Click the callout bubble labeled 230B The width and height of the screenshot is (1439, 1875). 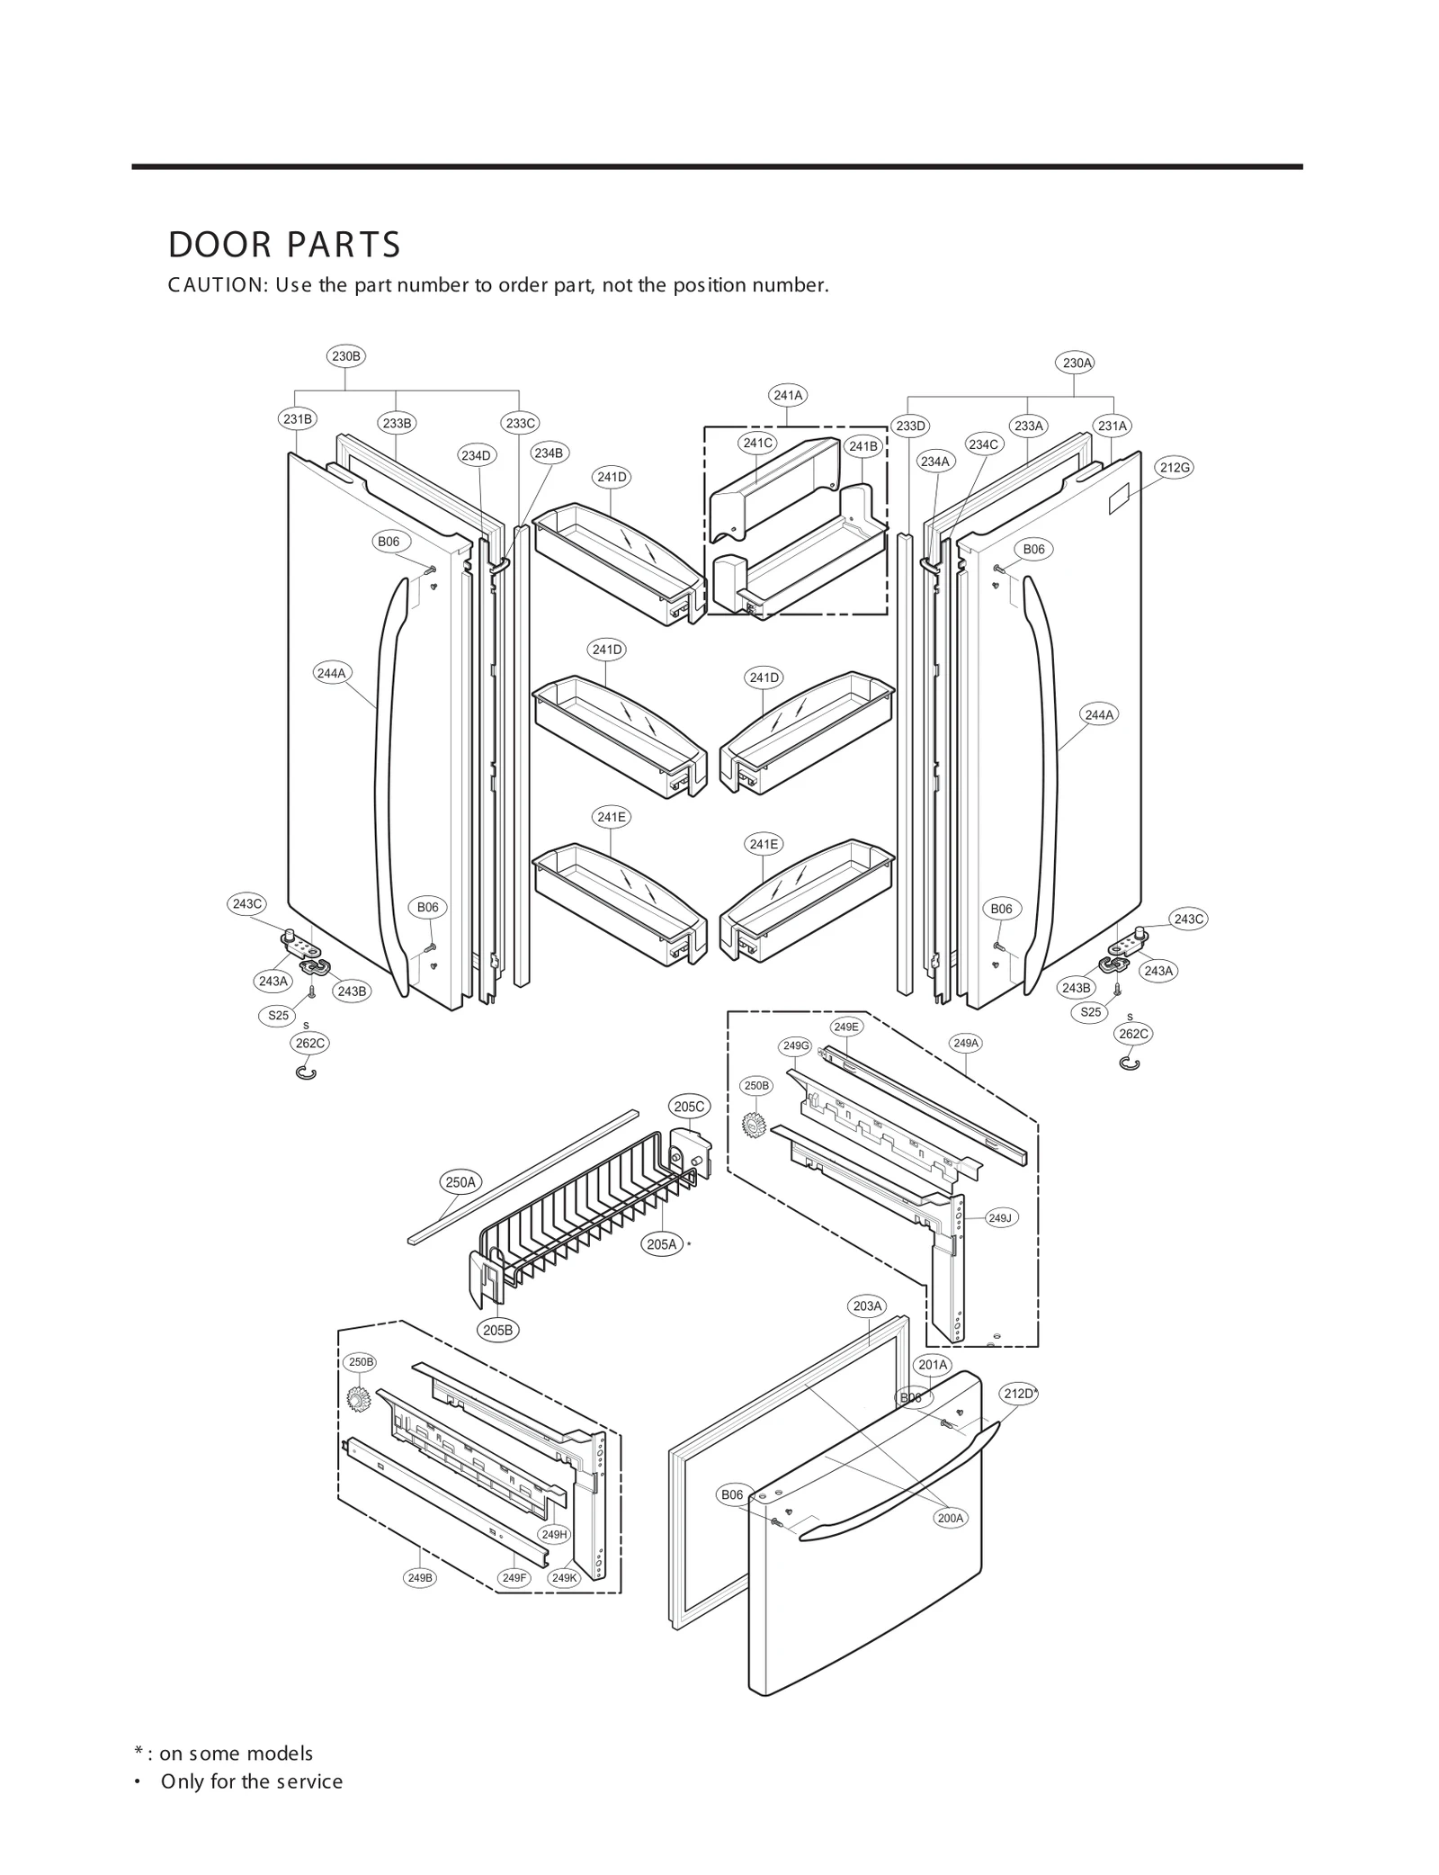[x=346, y=356]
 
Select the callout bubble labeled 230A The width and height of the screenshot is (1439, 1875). [x=1077, y=363]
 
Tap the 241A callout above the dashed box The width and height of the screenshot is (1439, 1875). [x=788, y=395]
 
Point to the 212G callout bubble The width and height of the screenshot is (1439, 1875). [x=1175, y=468]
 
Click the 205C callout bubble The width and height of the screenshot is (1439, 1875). [x=689, y=1107]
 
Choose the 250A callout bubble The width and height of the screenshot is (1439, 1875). [x=460, y=1182]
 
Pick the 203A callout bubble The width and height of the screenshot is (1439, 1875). [x=868, y=1305]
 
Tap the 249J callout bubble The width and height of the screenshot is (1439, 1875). [x=999, y=1218]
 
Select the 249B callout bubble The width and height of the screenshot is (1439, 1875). [x=420, y=1577]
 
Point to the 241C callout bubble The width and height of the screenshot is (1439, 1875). [x=757, y=443]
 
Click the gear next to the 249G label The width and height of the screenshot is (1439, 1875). [x=753, y=1125]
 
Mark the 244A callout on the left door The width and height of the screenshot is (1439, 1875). [x=332, y=672]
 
